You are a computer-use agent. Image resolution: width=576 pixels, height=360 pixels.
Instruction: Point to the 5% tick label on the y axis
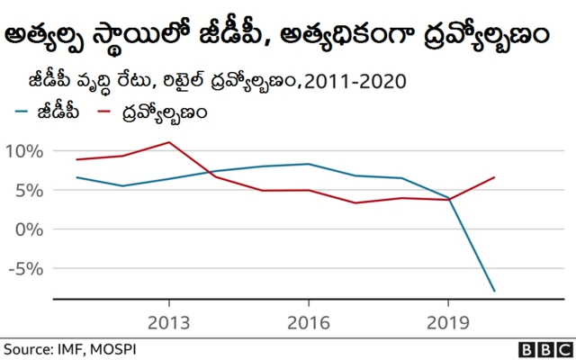coord(28,190)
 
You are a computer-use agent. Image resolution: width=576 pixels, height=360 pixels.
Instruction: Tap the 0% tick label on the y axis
coord(28,229)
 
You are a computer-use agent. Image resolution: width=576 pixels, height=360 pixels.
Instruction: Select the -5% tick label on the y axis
coord(24,268)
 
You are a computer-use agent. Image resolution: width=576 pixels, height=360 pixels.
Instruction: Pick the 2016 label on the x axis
coord(309,323)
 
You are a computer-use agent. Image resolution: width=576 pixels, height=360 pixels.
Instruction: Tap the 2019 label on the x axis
coord(448,323)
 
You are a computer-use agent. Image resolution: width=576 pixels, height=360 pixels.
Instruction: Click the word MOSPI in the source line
coord(115,347)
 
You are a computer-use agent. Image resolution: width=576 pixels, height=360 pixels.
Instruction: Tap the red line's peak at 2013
coord(169,142)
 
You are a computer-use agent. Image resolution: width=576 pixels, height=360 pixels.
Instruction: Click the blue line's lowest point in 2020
coord(494,291)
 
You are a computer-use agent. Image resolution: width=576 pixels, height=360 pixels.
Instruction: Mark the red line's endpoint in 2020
coord(494,177)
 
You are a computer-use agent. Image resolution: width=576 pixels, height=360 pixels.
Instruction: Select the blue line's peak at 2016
coord(309,164)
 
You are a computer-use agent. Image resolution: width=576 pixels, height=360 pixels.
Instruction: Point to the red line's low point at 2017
coord(355,202)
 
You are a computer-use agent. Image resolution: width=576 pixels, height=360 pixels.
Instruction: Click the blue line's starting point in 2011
coord(76,177)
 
